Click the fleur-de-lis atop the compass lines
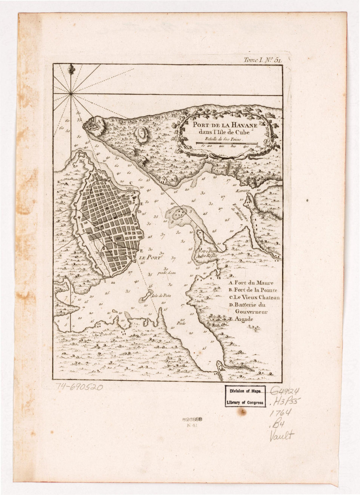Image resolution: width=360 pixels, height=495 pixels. point(71,69)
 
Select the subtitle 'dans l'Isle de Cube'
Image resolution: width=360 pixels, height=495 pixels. point(221,132)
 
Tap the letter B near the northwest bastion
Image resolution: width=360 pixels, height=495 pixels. point(80,161)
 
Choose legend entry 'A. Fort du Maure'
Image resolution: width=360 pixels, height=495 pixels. point(251,283)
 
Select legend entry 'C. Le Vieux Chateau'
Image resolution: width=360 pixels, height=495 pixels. point(254,297)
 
